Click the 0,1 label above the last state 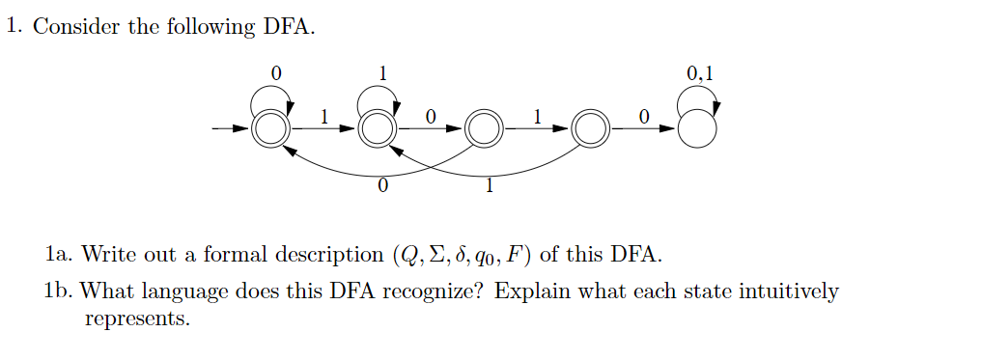coord(702,72)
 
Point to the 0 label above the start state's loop coord(278,72)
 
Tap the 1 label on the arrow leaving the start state coord(324,116)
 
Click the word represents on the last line coord(137,318)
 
